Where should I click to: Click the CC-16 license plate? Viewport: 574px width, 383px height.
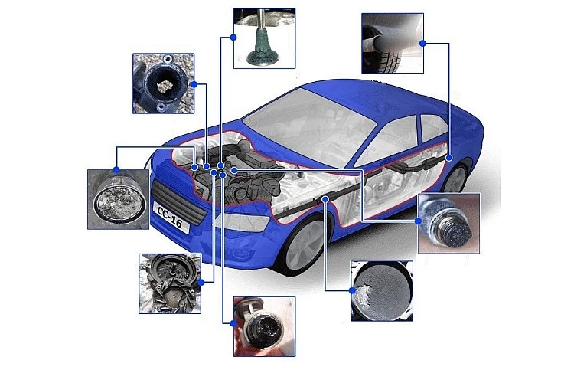coord(171,218)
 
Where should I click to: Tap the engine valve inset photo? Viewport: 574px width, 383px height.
coord(264,38)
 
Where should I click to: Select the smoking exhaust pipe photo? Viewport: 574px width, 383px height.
coord(393,43)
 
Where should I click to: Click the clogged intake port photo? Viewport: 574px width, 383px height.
coord(163,83)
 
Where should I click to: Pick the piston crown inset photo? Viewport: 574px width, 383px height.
coord(118,199)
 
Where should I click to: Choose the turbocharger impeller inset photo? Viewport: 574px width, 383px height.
coord(170,283)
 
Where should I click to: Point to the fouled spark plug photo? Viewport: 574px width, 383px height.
coord(448,223)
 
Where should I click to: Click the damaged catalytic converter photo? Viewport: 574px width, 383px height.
coord(382,291)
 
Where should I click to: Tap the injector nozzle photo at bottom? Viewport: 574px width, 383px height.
coord(264,326)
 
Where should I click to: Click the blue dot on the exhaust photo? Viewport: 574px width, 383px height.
coord(422,43)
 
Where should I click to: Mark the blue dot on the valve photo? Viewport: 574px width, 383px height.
coord(233,37)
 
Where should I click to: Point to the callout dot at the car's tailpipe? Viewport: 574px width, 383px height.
coord(449,158)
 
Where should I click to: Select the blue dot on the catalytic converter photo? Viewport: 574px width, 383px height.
coord(352,290)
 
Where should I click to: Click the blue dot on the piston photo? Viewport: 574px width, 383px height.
coord(116,170)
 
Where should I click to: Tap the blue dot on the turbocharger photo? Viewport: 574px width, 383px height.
coord(201,282)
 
